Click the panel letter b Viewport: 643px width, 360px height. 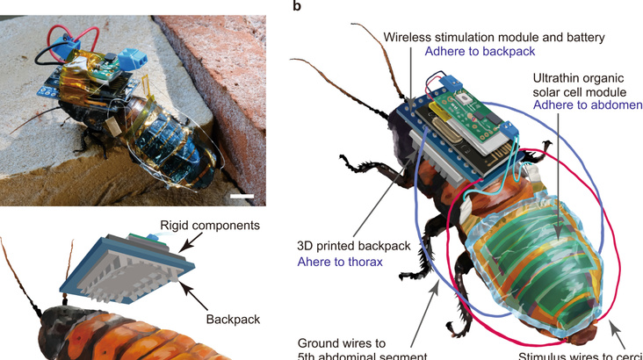tap(298, 6)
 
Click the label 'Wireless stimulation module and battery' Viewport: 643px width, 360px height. tap(495, 36)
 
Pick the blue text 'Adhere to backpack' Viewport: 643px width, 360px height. tap(475, 53)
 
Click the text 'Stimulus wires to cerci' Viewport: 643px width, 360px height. tap(580, 356)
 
